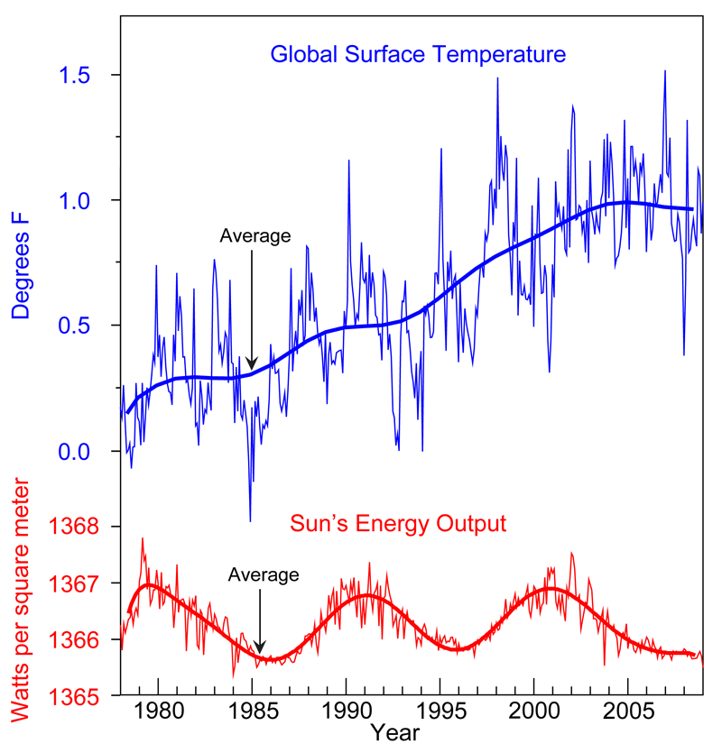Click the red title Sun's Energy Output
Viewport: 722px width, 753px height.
coord(397,523)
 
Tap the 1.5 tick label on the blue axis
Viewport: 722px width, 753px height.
coord(77,75)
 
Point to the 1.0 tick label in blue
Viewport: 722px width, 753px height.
coord(77,200)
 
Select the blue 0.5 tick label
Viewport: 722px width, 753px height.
coord(77,326)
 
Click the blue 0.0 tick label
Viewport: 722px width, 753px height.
coord(77,451)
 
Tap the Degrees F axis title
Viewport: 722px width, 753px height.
coord(22,267)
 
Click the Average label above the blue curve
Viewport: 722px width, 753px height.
coord(255,236)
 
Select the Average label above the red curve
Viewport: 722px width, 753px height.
coord(263,574)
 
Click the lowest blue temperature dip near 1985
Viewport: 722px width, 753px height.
coord(250,519)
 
